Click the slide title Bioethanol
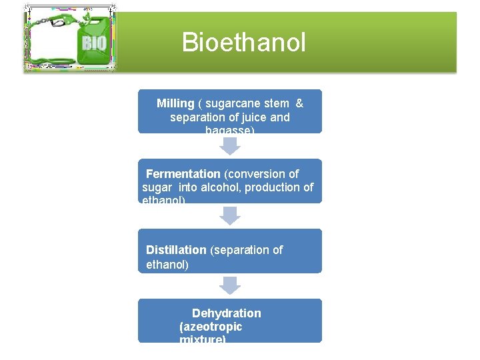point(243,43)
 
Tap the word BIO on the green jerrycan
point(93,44)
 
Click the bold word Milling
point(175,103)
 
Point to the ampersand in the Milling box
point(299,103)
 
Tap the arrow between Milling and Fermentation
point(230,146)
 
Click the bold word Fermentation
point(183,173)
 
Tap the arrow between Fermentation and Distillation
point(230,216)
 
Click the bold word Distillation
point(176,250)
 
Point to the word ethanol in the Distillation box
point(166,265)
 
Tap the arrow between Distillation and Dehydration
point(230,285)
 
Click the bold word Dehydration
point(227,313)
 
